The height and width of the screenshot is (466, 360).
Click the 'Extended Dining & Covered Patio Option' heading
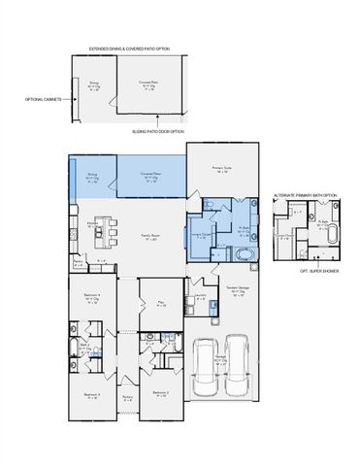coord(129,48)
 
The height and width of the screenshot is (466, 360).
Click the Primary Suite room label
coord(219,169)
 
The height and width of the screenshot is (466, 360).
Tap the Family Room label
coord(151,236)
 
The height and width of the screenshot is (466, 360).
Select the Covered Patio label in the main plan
coord(152,177)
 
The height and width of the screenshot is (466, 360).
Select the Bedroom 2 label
coord(160,392)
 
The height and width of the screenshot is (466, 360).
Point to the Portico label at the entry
coord(126,397)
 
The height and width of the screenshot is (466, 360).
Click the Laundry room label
coord(200,296)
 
